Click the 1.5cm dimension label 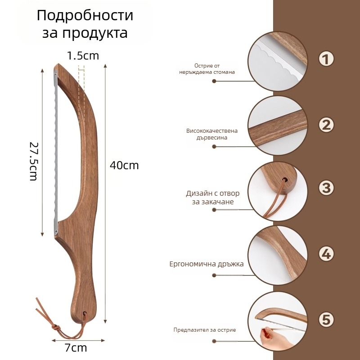tap(83, 56)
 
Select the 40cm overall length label tap(124, 165)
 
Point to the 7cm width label tap(76, 347)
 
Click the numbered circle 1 tap(326, 59)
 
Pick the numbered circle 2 tap(326, 125)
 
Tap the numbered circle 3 tap(326, 188)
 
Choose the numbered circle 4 tap(326, 254)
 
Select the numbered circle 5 tap(326, 319)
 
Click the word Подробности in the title tap(85, 16)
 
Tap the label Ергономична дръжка tap(207, 264)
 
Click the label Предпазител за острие tap(205, 330)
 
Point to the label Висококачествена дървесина tap(212, 134)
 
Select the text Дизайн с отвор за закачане tap(212, 198)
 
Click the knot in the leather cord tap(56, 327)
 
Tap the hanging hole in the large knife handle tap(85, 313)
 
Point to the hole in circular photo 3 tap(285, 180)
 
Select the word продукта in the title tap(95, 33)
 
